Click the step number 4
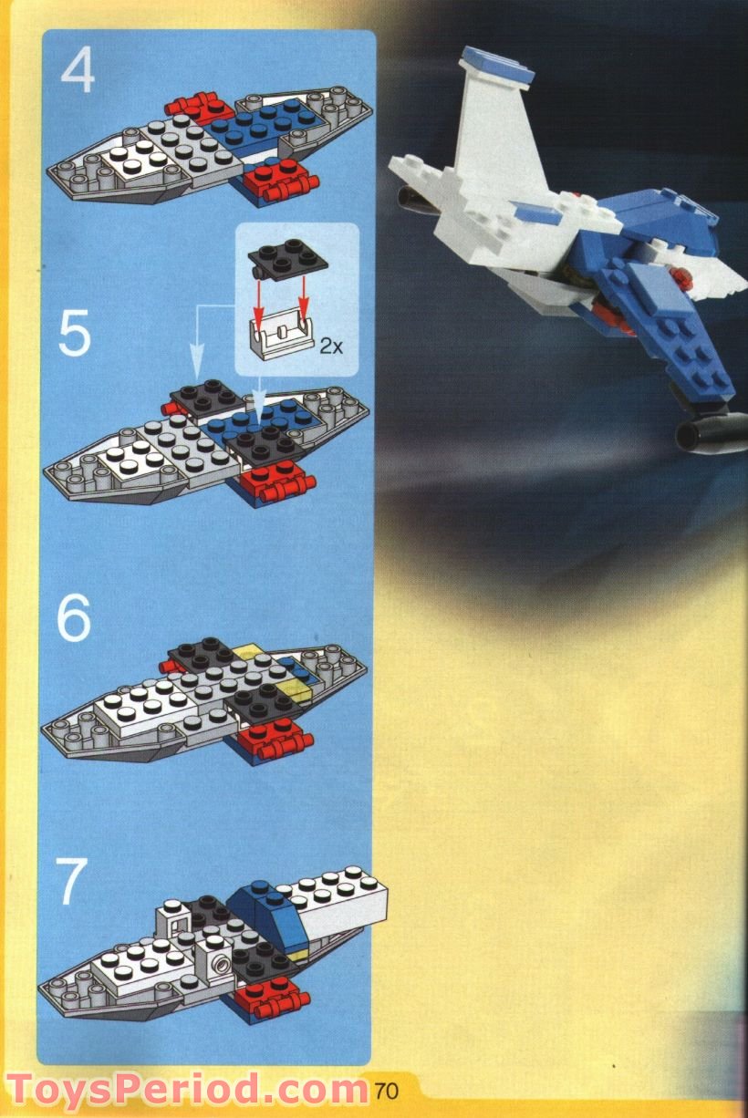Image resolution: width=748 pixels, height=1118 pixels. [x=78, y=70]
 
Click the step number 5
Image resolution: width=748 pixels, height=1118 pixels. [x=74, y=335]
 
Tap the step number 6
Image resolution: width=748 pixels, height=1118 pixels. [x=74, y=618]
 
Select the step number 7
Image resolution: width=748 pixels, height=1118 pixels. [x=72, y=882]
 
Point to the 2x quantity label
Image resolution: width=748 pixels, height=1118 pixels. [x=330, y=346]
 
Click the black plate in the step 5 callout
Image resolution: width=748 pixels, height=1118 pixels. [x=290, y=255]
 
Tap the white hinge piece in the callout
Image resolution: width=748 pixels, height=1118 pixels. [x=283, y=337]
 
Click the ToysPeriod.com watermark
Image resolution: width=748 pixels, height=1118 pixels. [x=187, y=1090]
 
